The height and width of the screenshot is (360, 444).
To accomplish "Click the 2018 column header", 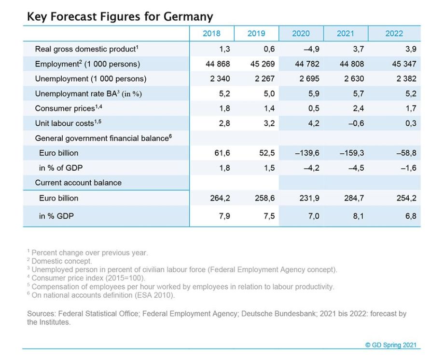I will pos(211,33).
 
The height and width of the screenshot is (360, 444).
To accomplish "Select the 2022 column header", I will pos(394,33).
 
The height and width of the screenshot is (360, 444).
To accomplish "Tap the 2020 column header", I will pos(301,33).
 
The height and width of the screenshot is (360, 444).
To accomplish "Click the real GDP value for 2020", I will pos(311,49).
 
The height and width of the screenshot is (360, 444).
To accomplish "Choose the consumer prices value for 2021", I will pos(359,108).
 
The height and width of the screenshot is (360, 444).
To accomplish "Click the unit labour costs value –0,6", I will pos(356,123).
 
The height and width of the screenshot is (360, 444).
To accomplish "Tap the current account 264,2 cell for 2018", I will pos(219,198).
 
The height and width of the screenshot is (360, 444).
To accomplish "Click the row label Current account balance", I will pos(78,183).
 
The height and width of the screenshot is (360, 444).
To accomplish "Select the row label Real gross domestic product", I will pos(85,49).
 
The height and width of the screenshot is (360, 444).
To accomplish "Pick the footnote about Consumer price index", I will pos(88,278).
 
